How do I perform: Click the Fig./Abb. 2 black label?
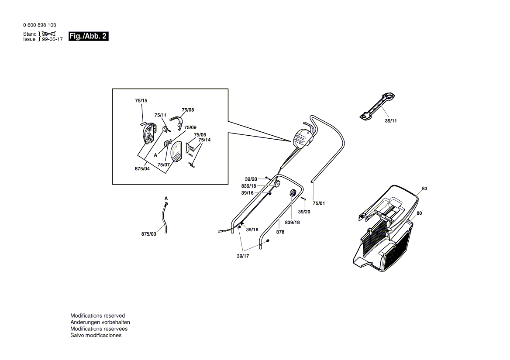[x=88, y=36]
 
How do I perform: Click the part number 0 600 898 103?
[x=39, y=25]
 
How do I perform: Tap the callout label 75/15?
[x=141, y=101]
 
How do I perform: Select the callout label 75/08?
[x=188, y=110]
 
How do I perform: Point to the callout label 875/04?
[x=143, y=168]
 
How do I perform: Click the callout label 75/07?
[x=163, y=165]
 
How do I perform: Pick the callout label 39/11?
[x=391, y=120]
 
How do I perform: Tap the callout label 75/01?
[x=319, y=203]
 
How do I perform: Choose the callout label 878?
[x=280, y=232]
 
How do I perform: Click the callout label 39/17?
[x=243, y=256]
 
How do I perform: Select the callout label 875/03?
[x=148, y=234]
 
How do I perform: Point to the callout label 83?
[x=424, y=189]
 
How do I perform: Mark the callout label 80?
[x=419, y=213]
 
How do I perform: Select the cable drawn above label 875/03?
[x=165, y=216]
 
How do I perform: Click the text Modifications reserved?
[x=97, y=315]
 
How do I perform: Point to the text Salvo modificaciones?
[x=96, y=335]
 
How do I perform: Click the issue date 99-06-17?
[x=52, y=39]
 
